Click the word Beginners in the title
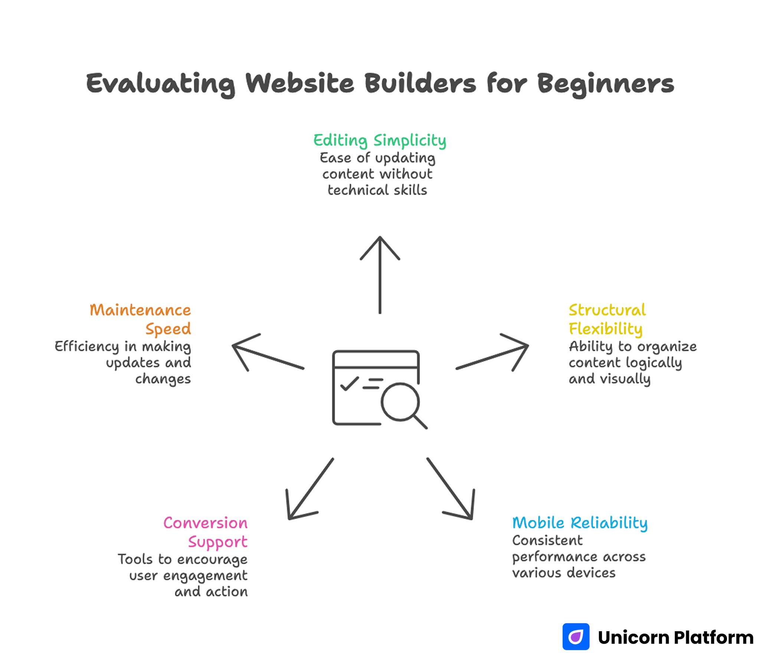606,83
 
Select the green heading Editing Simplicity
380,141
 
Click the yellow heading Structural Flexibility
607,319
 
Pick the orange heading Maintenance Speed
140,319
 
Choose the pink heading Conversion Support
205,532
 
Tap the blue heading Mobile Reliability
580,523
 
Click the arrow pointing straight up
380,275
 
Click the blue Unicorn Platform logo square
576,637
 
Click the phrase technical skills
377,190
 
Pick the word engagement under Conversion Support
205,575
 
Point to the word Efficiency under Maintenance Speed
87,346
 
